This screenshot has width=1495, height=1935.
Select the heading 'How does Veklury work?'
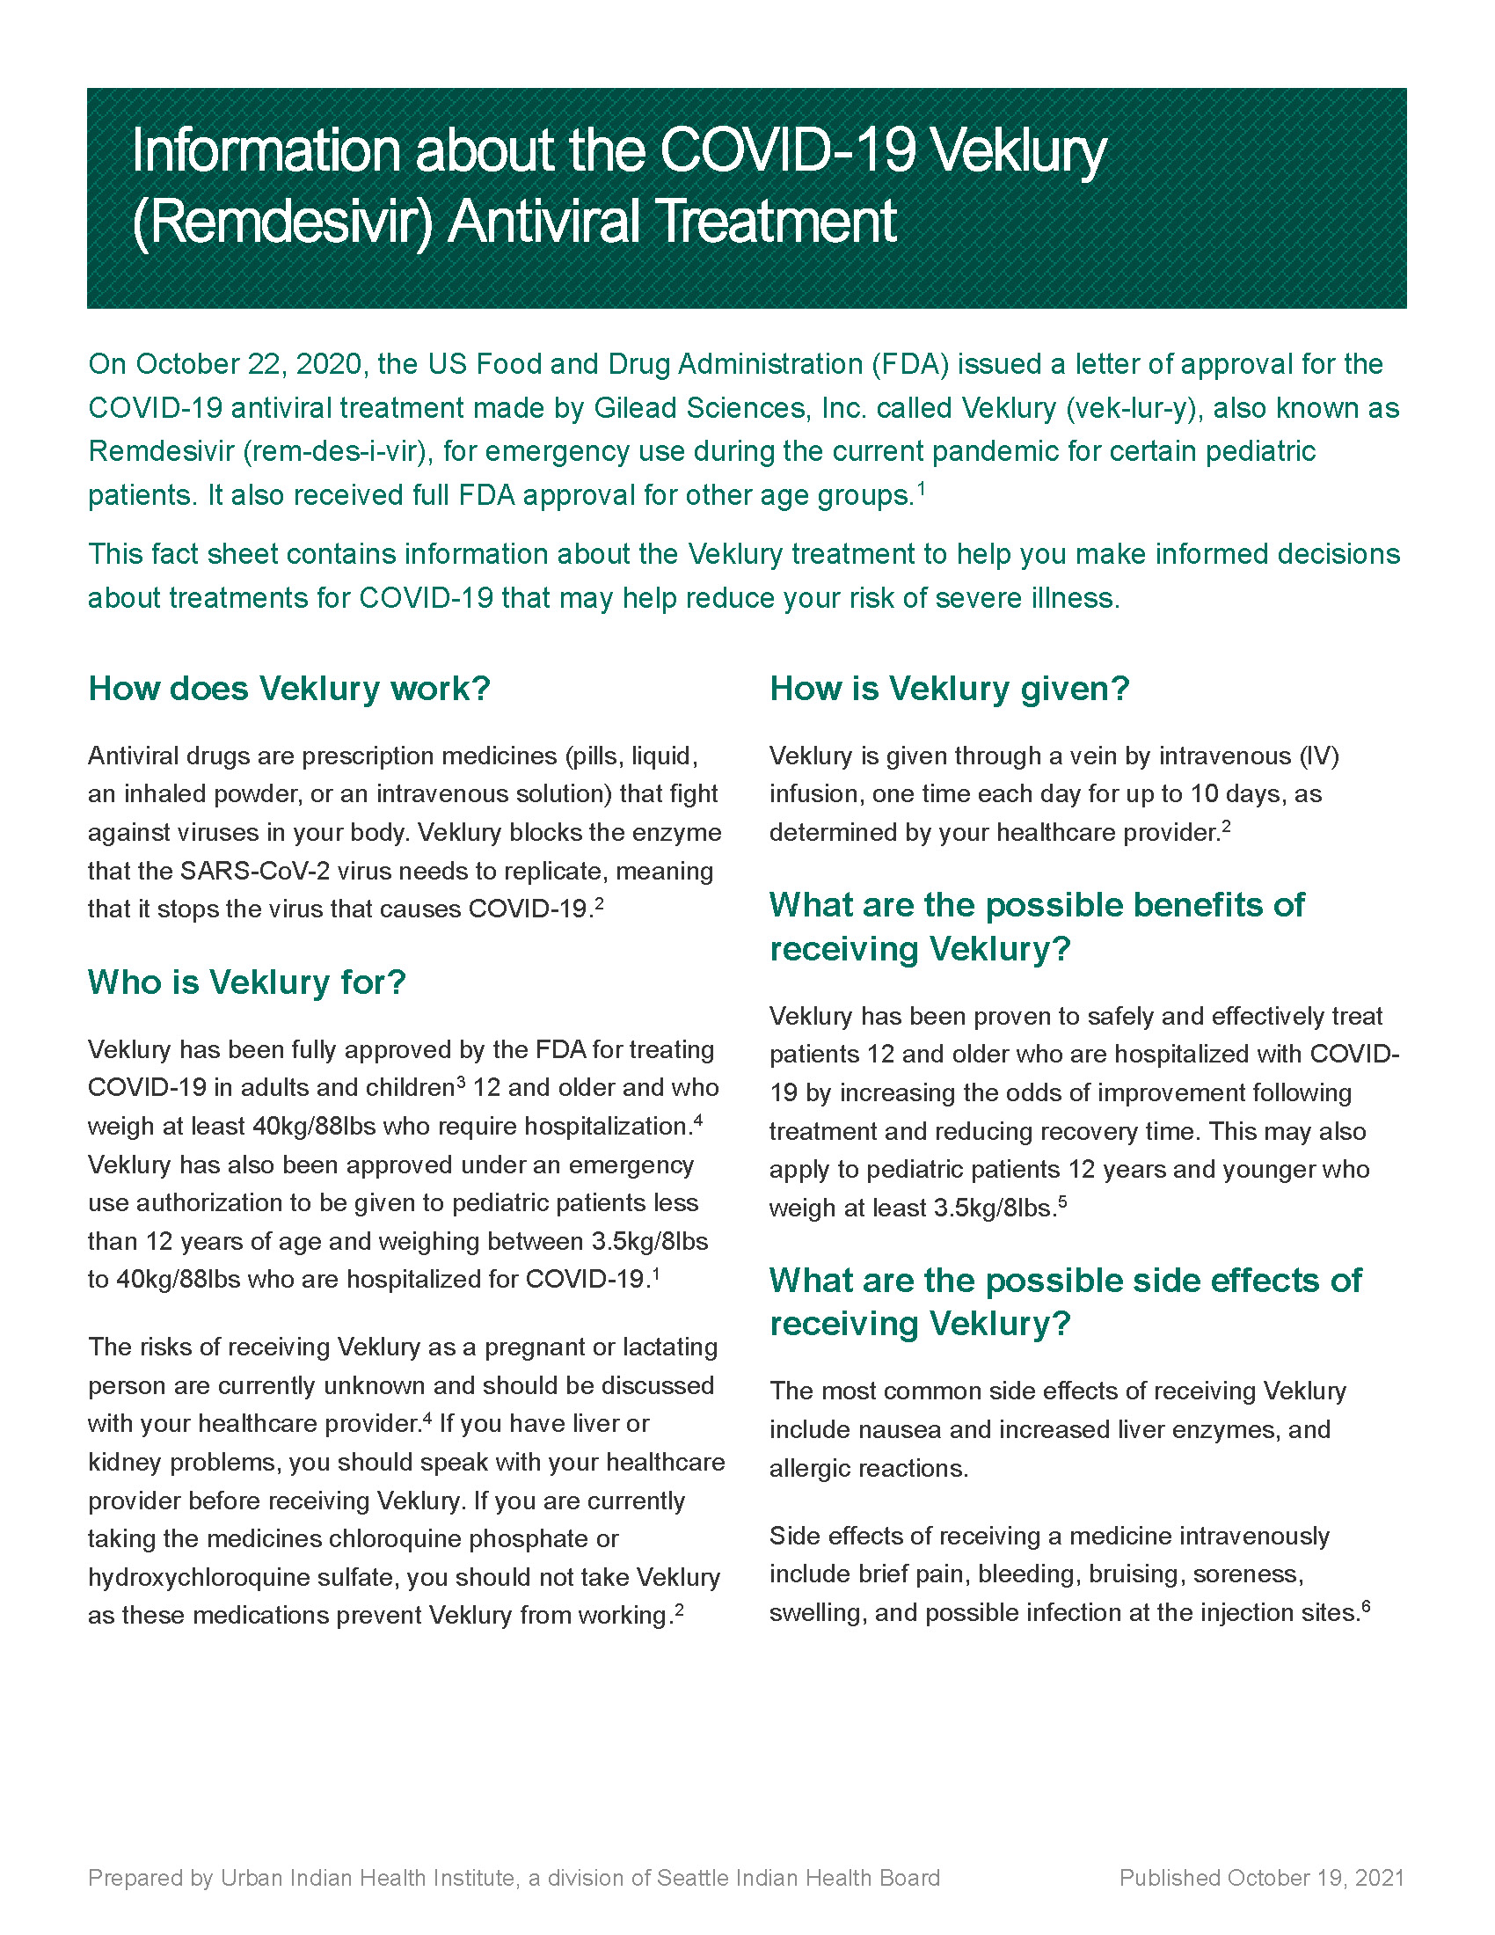tap(288, 689)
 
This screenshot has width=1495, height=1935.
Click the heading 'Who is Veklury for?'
tap(246, 982)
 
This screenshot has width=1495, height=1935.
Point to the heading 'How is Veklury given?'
tap(950, 689)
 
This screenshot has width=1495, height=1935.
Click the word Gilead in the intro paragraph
tap(632, 407)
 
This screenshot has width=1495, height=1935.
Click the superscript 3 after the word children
tap(461, 1081)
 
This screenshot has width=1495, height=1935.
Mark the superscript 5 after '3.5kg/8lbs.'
tap(1063, 1201)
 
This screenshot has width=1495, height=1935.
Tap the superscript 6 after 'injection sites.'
tap(1367, 1605)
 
